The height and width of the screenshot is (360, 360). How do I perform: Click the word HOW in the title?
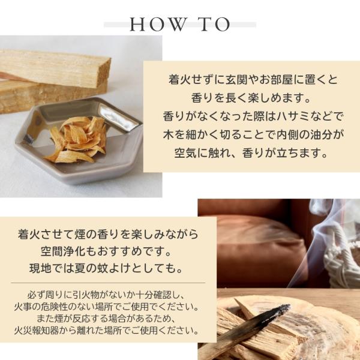pos(158,25)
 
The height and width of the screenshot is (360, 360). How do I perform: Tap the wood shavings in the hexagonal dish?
pos(76,140)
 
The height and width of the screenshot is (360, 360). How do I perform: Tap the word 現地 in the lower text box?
pos(40,268)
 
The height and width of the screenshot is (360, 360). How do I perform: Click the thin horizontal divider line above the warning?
pos(108,283)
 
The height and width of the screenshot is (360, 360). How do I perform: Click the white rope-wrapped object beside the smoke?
pos(340,257)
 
